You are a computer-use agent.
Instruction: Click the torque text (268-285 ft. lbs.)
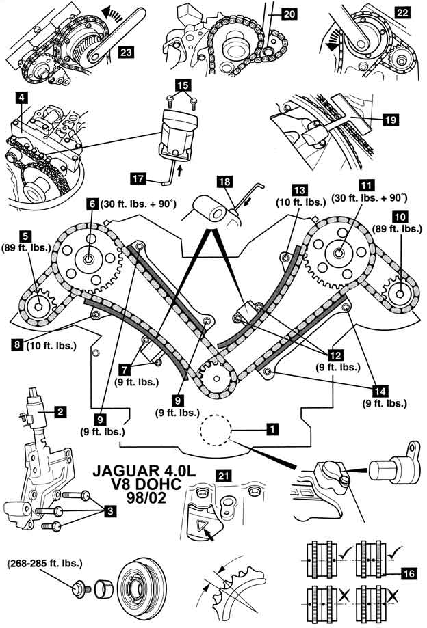tap(45, 564)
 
